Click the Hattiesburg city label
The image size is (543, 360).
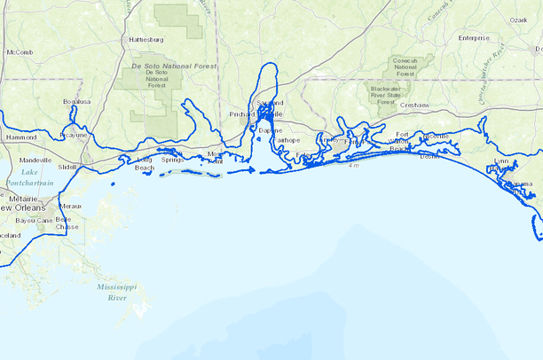146,40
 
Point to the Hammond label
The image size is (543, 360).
21,137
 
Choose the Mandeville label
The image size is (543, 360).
35,160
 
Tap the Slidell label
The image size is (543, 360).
67,167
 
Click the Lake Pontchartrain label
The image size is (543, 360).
30,176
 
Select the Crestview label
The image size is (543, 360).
414,106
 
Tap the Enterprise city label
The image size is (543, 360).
474,38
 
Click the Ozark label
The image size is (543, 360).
517,20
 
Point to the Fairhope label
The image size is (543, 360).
285,140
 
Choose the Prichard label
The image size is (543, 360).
241,114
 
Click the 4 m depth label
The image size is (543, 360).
354,165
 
